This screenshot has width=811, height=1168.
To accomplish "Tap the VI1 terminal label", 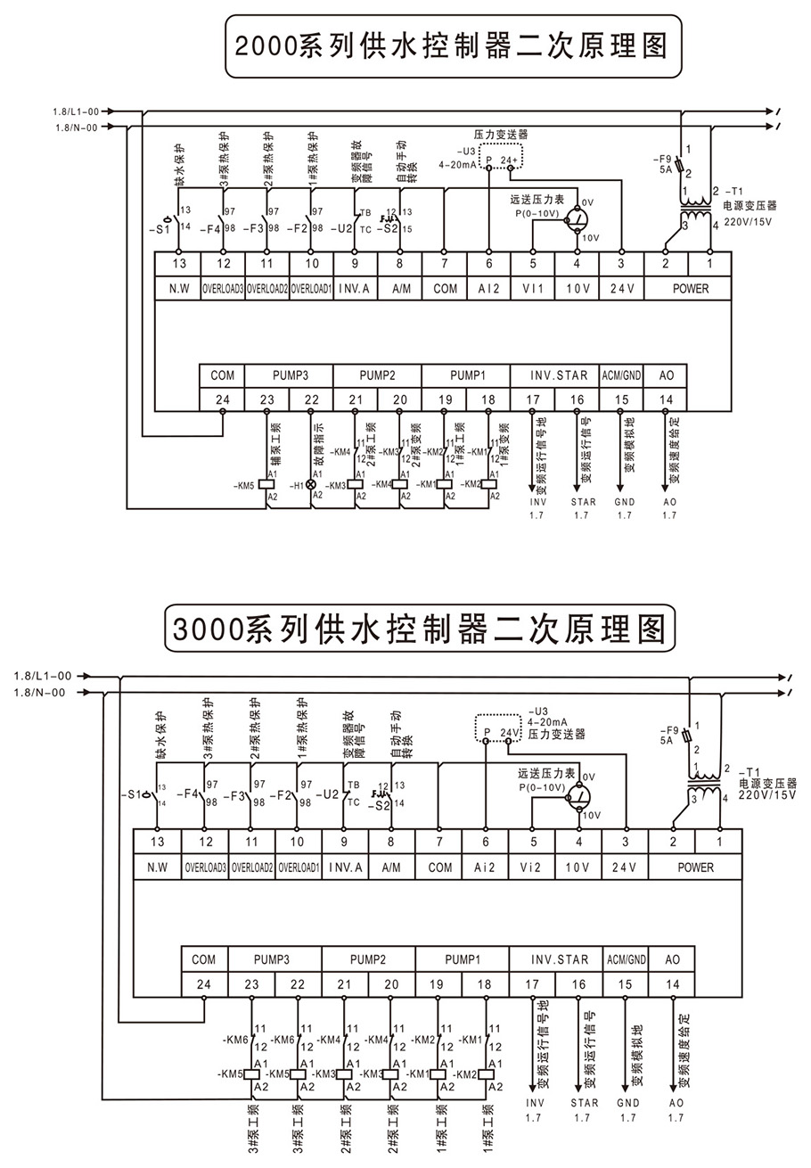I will [x=532, y=288].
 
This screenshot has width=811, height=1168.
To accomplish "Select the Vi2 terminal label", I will [x=532, y=867].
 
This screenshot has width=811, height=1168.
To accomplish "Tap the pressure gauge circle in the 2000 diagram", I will [x=579, y=218].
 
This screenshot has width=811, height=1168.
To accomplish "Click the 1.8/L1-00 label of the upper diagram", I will [x=76, y=111].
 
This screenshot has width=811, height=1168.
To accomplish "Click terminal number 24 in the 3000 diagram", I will [x=204, y=984].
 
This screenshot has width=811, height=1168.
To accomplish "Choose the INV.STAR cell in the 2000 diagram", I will [x=554, y=375].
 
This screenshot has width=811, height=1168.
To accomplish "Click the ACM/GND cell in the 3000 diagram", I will [x=627, y=959].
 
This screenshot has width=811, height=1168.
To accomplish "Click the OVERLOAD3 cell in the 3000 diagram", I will [x=205, y=867].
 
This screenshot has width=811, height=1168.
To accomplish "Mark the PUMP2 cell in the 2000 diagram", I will [x=377, y=375].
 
